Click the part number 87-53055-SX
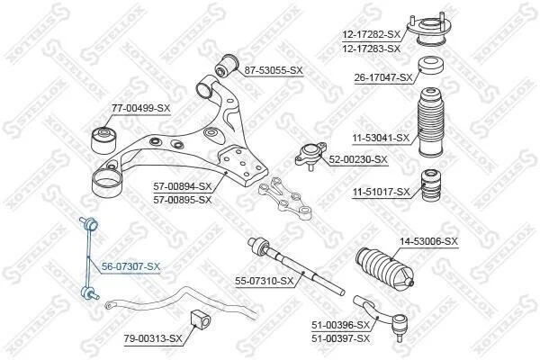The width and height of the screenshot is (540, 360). [x=274, y=70]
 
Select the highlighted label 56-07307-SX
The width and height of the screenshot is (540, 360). [x=130, y=266]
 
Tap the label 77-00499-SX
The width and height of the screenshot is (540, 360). [x=141, y=108]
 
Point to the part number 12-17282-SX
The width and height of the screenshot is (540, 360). [x=372, y=34]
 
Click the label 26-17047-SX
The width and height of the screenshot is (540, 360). [x=383, y=78]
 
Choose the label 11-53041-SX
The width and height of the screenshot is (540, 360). [x=381, y=138]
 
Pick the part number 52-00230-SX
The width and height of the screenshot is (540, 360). [x=358, y=159]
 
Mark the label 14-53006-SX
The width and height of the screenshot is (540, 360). [x=428, y=241]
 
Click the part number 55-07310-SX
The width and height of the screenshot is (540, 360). [x=265, y=282]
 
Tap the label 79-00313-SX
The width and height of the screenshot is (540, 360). [x=153, y=339]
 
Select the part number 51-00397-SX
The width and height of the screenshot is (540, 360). [x=340, y=338]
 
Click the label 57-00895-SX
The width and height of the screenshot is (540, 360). [x=182, y=200]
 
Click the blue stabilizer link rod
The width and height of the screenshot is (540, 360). [x=89, y=258]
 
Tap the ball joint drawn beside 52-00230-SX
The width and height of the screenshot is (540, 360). [x=310, y=155]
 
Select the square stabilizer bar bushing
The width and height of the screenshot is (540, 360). [x=200, y=319]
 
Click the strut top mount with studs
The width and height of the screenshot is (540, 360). [x=427, y=30]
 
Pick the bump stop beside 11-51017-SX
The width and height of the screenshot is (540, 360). [x=431, y=185]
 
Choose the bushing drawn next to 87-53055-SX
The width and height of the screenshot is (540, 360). [x=227, y=66]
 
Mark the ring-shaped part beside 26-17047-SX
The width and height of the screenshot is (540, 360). [x=431, y=65]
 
